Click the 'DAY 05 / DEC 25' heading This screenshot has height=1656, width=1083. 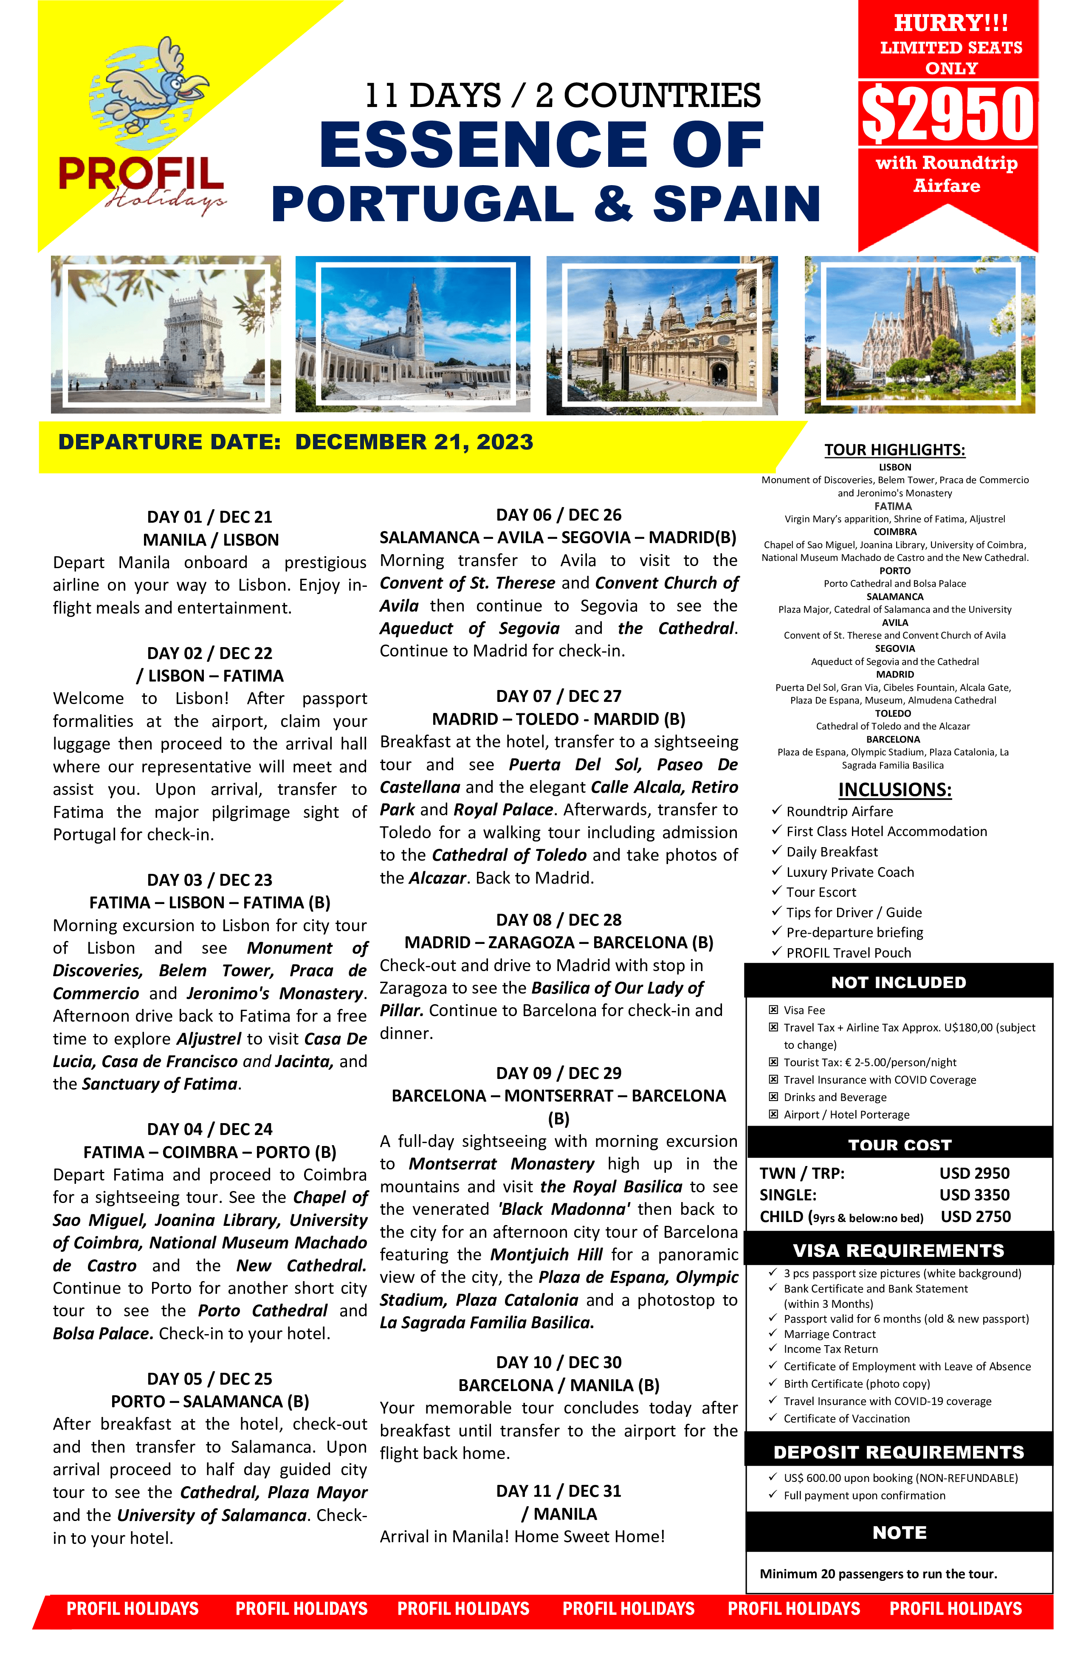coord(209,1378)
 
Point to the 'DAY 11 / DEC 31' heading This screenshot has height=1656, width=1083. coord(558,1490)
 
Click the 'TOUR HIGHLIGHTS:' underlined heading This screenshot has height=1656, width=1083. coord(894,450)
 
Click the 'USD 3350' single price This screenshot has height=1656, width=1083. coord(974,1195)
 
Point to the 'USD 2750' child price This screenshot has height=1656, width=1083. coord(975,1216)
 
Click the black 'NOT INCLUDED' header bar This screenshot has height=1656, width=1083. coord(899,982)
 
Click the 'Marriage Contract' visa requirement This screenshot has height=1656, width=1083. coord(829,1334)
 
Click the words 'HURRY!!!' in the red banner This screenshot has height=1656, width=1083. coord(950,23)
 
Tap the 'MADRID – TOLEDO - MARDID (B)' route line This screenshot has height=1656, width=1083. coord(558,719)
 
